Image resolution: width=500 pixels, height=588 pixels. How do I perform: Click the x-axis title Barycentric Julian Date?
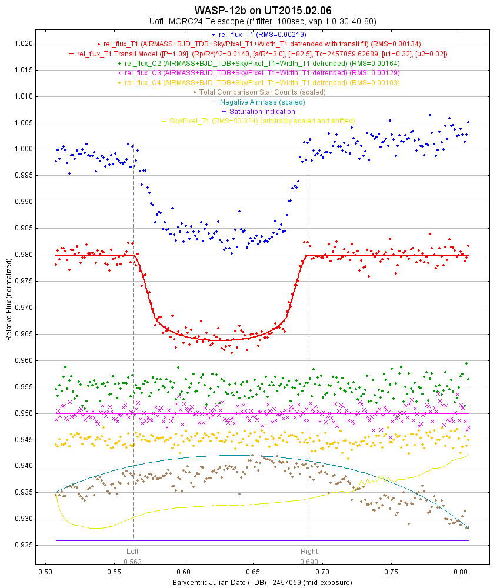click(262, 583)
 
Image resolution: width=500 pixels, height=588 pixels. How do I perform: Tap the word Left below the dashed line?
click(133, 552)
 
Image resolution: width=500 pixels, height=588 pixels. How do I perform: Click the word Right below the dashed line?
click(309, 552)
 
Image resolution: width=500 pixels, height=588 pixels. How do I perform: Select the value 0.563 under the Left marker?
click(133, 562)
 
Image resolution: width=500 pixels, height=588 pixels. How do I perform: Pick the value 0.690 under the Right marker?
click(309, 562)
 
